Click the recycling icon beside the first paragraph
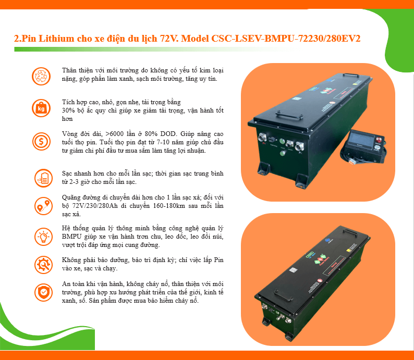(41, 76)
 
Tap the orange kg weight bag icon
(41, 108)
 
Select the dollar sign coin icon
(42, 141)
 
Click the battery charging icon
(44, 178)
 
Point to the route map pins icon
(44, 206)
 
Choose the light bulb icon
(44, 237)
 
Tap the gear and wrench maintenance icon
(44, 265)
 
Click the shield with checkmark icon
(44, 292)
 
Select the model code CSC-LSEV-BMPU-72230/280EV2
(286, 39)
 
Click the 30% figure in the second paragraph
(68, 110)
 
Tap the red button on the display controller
(378, 139)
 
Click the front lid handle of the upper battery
(288, 116)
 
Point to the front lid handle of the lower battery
(283, 295)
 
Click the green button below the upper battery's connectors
(282, 153)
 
